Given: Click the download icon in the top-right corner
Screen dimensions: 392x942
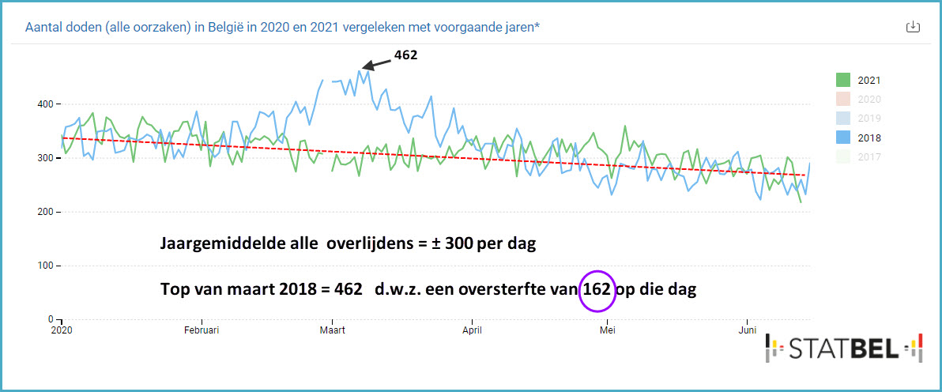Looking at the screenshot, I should point(912,27).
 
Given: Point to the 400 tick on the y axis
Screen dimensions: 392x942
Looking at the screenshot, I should point(44,104).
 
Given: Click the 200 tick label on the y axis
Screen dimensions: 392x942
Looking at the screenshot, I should point(44,212).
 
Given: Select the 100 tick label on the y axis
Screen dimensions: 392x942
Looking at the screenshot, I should point(44,266).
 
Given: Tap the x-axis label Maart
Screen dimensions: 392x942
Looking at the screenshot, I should point(332,330).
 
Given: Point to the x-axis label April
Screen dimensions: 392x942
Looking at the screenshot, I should point(472,330).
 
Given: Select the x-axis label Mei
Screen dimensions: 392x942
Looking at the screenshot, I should point(608,330).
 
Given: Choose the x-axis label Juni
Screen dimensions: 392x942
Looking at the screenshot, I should point(747,330).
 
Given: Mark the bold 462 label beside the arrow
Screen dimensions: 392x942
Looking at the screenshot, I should point(405,55).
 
